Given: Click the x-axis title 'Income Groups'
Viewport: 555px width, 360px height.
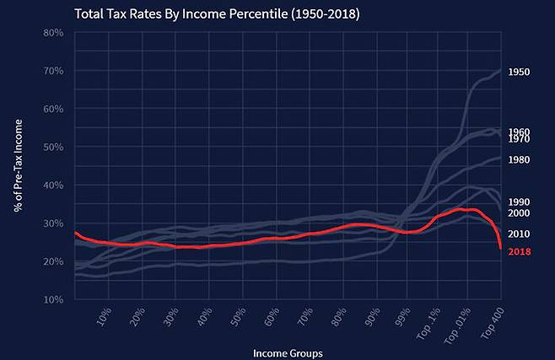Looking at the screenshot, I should tap(288, 352).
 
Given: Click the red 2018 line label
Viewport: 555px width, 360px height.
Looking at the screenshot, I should tap(519, 251).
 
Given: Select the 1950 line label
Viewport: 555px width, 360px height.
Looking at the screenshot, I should tap(519, 73).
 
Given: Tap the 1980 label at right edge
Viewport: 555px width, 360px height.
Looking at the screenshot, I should tap(519, 160).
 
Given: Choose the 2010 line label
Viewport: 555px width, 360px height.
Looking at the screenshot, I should tap(519, 234).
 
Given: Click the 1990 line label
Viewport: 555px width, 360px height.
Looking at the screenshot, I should tap(519, 202).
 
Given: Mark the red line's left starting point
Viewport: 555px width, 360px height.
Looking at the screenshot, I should tap(75, 233).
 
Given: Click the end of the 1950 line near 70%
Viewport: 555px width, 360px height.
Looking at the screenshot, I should tap(500, 70).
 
